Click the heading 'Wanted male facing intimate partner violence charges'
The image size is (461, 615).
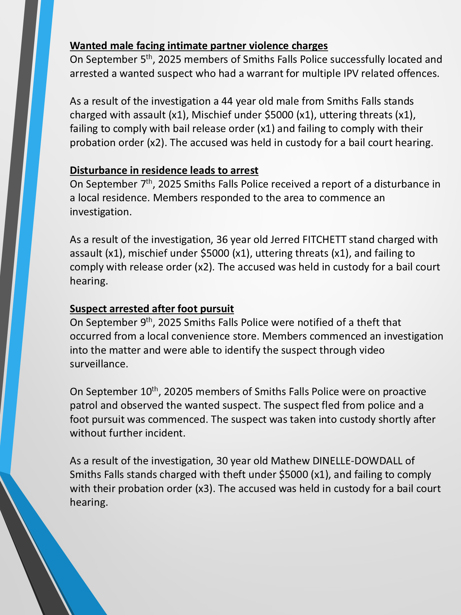pos(199,46)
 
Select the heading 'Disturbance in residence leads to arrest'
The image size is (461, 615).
pos(164,170)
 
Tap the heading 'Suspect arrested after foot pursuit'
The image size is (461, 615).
pos(152,308)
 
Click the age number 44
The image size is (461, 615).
pos(227,101)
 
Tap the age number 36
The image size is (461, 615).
pos(222,240)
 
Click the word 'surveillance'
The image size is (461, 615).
pos(99,364)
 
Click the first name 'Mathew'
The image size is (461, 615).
pos(290,461)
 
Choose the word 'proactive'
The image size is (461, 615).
pos(404,392)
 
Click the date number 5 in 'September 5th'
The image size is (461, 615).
pos(142,60)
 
